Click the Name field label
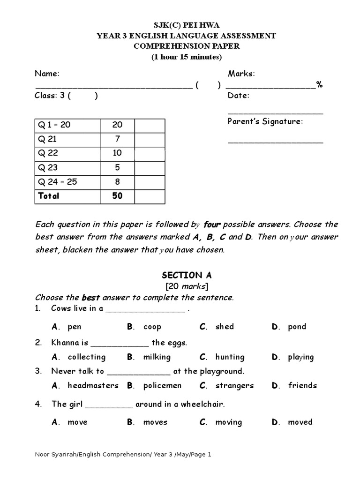[x=47, y=74]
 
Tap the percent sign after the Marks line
[x=319, y=85]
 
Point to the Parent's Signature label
[x=265, y=121]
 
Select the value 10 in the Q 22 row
[x=117, y=153]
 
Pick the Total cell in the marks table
[x=48, y=195]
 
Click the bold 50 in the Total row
[x=117, y=195]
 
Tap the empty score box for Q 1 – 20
[x=150, y=125]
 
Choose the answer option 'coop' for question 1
[x=152, y=327]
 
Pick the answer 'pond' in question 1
[x=297, y=327]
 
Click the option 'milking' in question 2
[x=157, y=357]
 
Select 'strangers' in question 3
[x=234, y=386]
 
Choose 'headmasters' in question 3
[x=93, y=386]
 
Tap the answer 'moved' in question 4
[x=300, y=422]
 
